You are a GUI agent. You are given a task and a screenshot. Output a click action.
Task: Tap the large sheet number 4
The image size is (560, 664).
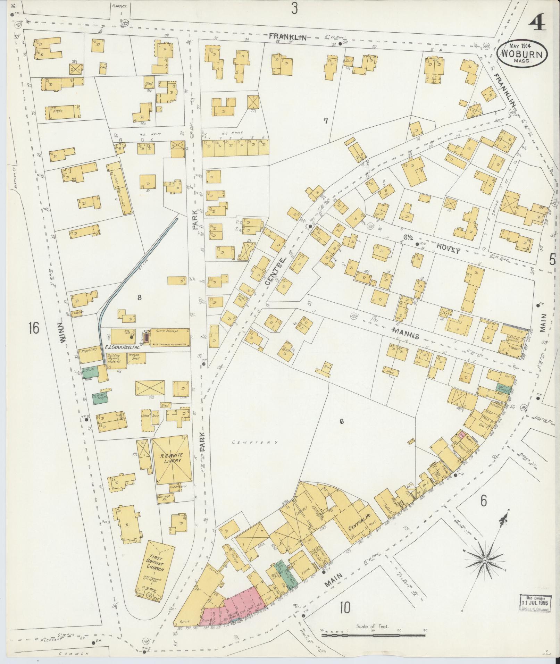537,25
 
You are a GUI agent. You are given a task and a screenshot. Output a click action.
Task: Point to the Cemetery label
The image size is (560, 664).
256,442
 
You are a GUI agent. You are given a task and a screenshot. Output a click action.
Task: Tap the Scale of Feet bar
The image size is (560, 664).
373,635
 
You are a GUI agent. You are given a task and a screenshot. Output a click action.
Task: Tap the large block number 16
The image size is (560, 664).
34,328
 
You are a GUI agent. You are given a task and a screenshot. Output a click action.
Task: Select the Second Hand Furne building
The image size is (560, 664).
120,188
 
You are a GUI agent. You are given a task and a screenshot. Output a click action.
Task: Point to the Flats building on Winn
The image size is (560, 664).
62,112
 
